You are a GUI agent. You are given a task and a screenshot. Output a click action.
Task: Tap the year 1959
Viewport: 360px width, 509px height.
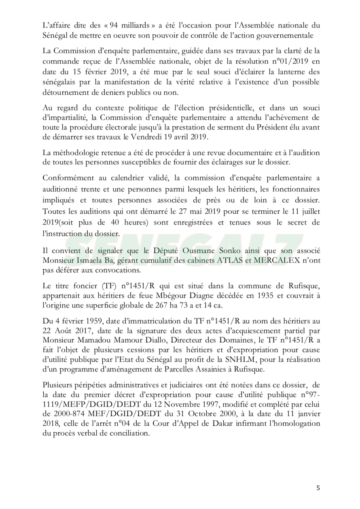coord(91,321)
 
